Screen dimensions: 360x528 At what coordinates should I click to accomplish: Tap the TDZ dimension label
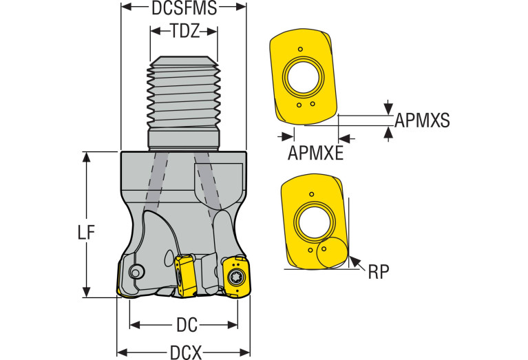184,31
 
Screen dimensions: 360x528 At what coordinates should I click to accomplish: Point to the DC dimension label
183,324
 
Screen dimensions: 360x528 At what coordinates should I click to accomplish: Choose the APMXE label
315,153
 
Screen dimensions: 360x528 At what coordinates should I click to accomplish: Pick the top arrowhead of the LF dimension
86,156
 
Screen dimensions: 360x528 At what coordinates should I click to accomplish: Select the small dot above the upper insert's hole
301,49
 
